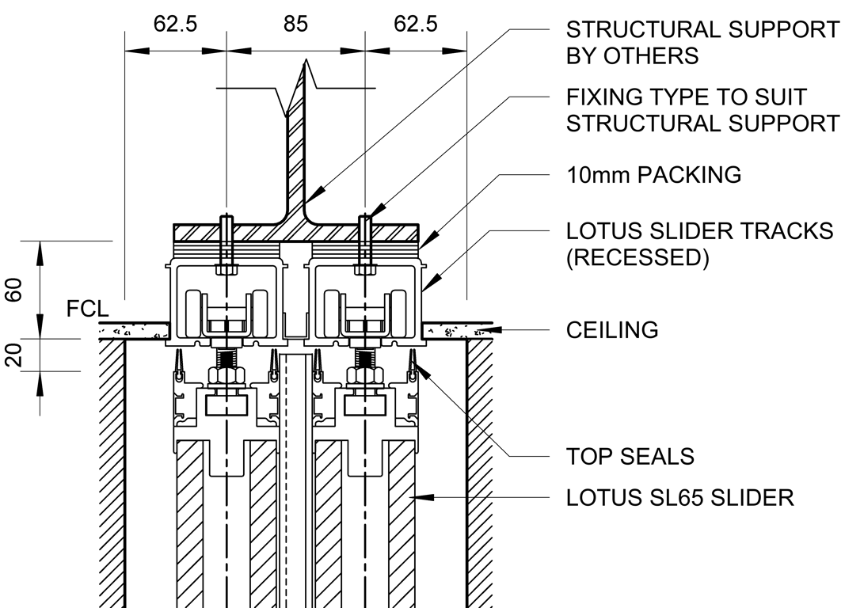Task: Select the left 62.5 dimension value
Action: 175,25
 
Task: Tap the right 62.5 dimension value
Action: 415,25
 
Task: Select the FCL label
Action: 87,309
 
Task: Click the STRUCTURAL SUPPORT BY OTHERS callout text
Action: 702,43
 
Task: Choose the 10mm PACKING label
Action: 654,175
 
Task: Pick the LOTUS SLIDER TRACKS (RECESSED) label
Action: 700,244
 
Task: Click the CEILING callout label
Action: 612,329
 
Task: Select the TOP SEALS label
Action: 630,457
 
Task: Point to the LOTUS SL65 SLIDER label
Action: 679,498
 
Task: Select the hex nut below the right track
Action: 365,375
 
